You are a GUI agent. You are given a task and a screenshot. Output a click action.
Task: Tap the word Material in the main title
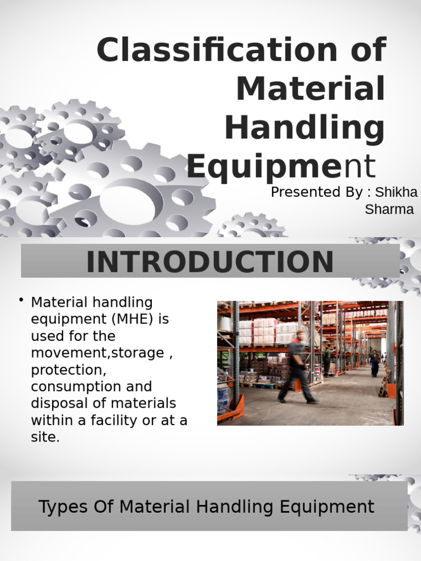click(x=310, y=89)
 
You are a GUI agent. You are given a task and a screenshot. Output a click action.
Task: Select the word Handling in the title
click(x=304, y=127)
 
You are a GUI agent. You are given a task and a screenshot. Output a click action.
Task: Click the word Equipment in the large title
click(x=281, y=167)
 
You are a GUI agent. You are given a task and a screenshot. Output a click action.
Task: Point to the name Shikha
click(x=396, y=193)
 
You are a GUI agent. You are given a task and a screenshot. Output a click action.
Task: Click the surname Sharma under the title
click(x=389, y=210)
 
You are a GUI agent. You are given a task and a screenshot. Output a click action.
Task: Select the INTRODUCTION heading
click(x=210, y=262)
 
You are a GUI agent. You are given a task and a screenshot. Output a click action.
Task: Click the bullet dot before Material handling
click(x=21, y=299)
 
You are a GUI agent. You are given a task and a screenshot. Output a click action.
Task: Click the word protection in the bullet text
click(x=66, y=370)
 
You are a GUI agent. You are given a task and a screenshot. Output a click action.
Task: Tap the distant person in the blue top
click(x=375, y=363)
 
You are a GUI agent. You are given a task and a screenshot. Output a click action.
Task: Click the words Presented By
click(x=316, y=193)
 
